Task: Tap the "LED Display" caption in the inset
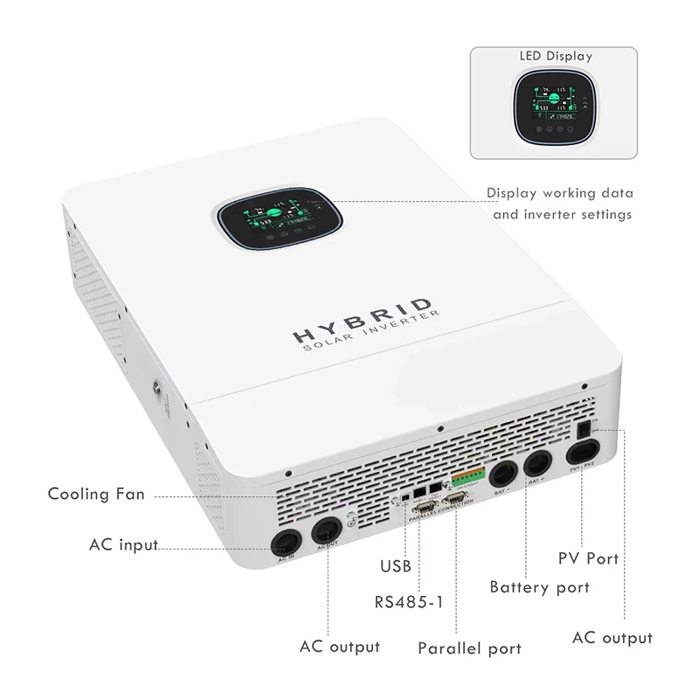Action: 556,56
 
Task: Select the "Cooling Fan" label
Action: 96,495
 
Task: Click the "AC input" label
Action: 123,544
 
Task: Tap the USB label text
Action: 395,566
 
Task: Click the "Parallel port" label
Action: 469,648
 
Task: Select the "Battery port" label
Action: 539,587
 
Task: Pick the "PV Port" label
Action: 590,557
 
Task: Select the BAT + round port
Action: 537,465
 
